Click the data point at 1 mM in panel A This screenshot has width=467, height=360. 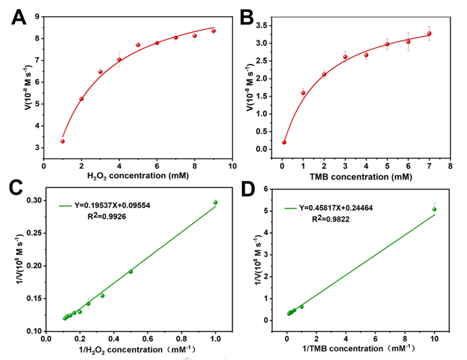click(63, 141)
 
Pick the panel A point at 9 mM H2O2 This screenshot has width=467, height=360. click(213, 31)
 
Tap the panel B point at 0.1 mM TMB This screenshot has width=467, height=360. click(284, 142)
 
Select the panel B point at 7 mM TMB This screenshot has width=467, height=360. click(429, 34)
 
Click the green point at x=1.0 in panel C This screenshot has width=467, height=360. click(215, 202)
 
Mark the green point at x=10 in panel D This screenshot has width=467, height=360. click(434, 209)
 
